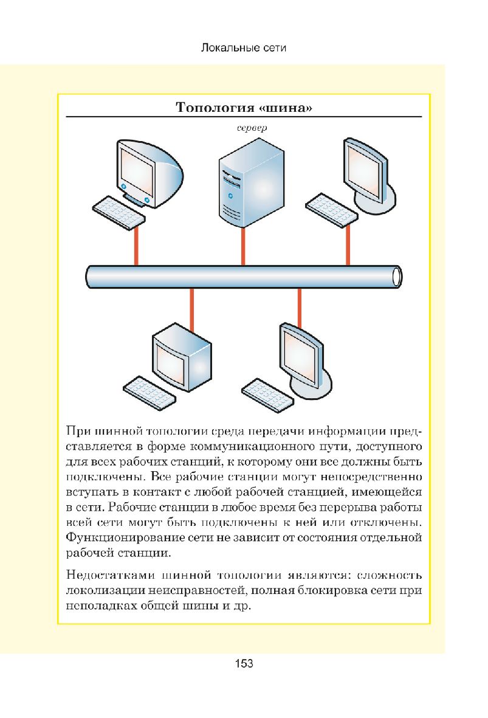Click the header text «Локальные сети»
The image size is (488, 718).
(243, 47)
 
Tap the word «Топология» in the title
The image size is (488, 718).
(214, 109)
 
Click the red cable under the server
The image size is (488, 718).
(243, 246)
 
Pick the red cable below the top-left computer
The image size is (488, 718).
(136, 246)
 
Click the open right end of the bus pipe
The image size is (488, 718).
(397, 276)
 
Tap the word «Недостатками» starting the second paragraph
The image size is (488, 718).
(105, 575)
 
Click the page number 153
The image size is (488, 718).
(244, 664)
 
